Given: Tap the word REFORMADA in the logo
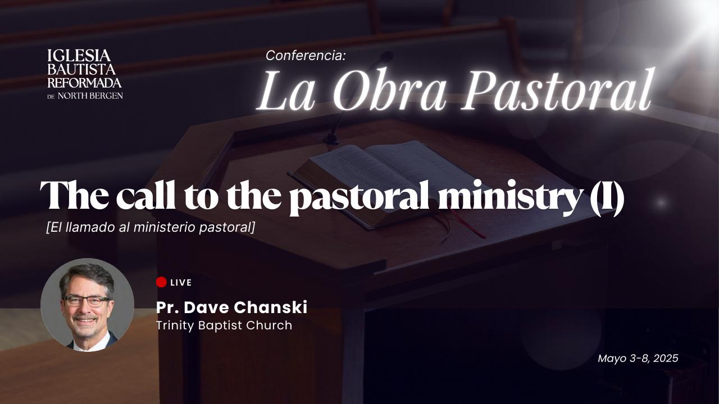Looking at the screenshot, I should tap(84, 82).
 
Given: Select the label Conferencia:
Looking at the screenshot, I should tap(306, 56).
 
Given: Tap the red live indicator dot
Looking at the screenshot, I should tap(161, 282).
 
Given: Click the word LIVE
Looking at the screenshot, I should tap(181, 282).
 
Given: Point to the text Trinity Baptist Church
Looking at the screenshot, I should tap(224, 325).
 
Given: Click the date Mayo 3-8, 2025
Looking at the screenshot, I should tap(638, 358).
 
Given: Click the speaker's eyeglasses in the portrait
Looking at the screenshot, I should tap(87, 300).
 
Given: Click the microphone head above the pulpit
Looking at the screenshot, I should tap(386, 57).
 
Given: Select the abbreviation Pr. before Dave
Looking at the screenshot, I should tap(167, 307).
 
